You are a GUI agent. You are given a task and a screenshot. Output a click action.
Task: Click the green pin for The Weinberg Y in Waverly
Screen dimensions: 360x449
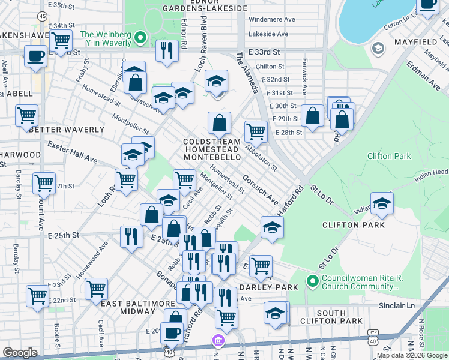[140, 38]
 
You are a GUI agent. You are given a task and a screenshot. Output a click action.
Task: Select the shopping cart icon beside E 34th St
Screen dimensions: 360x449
[61, 41]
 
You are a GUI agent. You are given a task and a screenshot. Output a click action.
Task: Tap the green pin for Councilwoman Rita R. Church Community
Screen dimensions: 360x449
[312, 281]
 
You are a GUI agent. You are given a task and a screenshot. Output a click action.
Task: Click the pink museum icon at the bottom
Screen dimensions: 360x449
[218, 341]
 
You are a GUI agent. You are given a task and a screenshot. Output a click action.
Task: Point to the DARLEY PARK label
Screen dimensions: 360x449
[262, 287]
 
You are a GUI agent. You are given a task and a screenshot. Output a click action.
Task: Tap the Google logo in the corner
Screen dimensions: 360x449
[20, 352]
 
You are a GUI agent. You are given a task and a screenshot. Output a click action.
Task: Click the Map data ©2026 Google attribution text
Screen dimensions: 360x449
[412, 355]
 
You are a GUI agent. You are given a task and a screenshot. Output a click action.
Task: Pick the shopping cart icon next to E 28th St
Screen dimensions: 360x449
[256, 131]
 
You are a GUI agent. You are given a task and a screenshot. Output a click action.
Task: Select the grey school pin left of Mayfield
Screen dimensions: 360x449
[378, 48]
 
